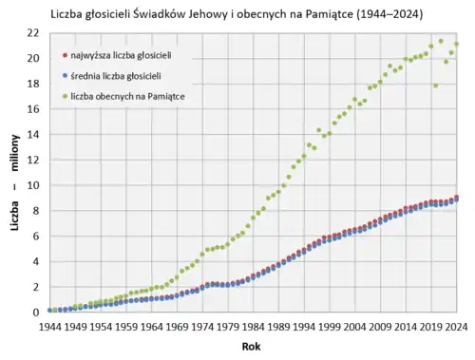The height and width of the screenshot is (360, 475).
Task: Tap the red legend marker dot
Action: click(x=62, y=56)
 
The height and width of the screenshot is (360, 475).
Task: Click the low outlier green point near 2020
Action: click(x=436, y=85)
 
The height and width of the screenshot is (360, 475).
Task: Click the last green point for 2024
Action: click(x=457, y=44)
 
